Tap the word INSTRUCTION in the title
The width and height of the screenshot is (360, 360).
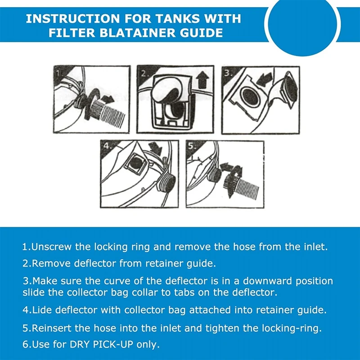click(x=72, y=18)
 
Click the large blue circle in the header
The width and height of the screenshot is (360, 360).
click(x=302, y=24)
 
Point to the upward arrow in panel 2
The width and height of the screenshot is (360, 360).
click(x=203, y=80)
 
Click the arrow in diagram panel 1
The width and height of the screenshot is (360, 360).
click(x=108, y=99)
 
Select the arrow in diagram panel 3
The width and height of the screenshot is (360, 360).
click(x=264, y=80)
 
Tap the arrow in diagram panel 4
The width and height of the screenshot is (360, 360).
click(x=155, y=148)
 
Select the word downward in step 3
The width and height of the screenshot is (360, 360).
click(x=267, y=281)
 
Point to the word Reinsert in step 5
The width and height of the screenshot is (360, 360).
click(x=52, y=328)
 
